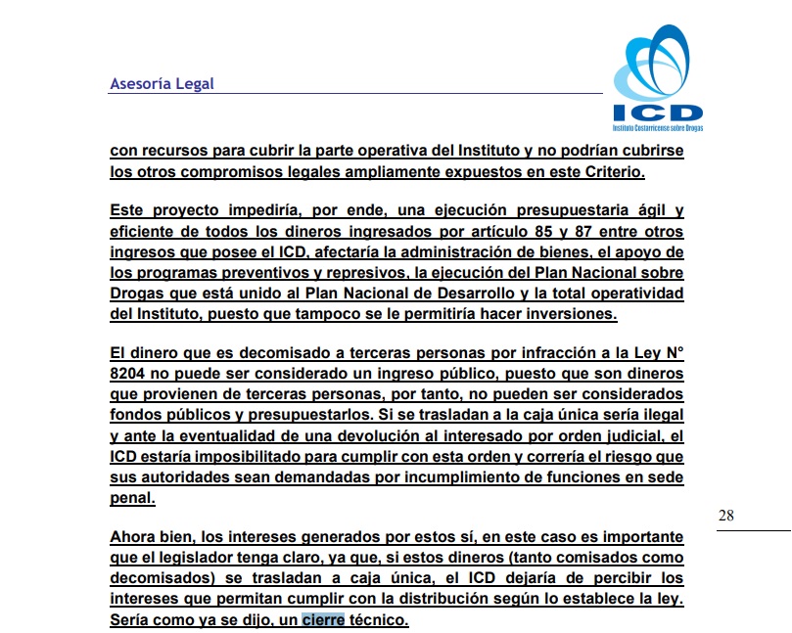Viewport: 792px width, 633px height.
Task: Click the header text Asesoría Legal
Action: coord(162,84)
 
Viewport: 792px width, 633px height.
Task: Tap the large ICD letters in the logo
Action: coord(658,113)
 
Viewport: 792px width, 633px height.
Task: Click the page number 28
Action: coord(725,516)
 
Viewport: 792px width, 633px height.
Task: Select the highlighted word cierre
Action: coord(323,619)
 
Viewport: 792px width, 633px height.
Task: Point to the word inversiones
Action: coord(572,315)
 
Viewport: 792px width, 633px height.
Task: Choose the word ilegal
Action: coord(659,416)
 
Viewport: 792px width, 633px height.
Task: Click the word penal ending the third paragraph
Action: coord(131,498)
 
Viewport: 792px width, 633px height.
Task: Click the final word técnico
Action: coord(378,619)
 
